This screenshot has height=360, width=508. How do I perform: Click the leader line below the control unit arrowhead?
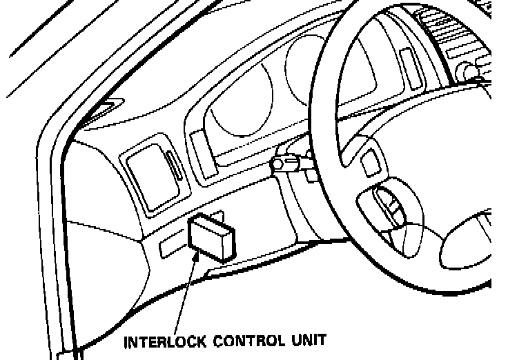click(181, 297)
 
